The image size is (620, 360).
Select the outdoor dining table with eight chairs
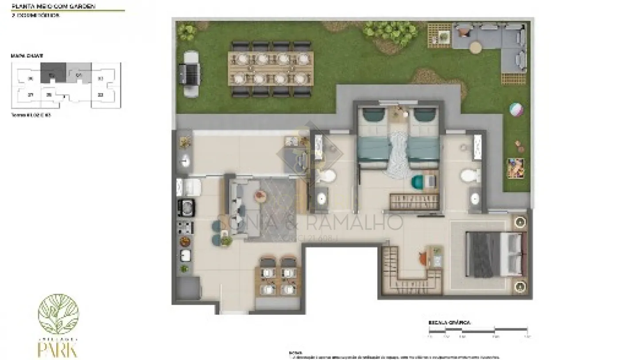coord(270,69)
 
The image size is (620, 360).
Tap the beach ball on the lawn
coord(516,109)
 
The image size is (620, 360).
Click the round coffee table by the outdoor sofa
coord(475,46)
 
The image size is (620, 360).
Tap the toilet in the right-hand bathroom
coord(470,176)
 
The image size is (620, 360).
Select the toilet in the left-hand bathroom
coord(327,176)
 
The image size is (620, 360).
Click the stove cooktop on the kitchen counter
coord(185,227)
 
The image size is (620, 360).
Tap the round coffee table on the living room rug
coord(260,195)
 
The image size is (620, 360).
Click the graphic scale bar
coord(477,329)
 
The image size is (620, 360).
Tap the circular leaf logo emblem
coord(58,314)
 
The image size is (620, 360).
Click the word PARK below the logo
coord(58,349)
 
